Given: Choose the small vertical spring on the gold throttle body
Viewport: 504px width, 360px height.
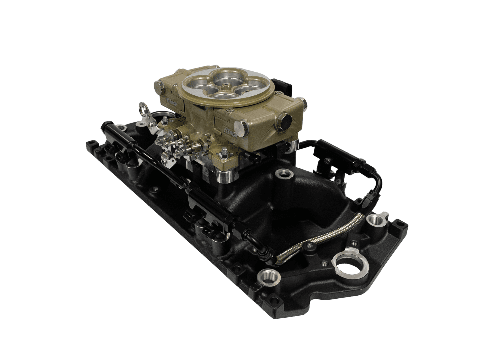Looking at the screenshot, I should [x=207, y=137].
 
